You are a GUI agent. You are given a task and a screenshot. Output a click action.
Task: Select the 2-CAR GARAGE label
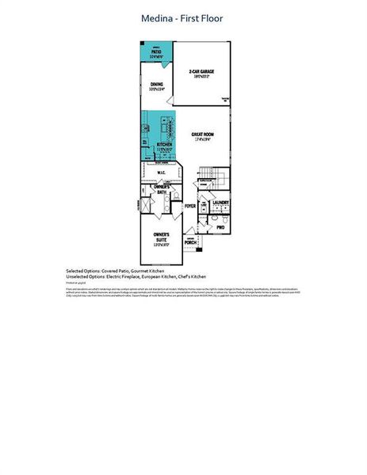point(201,72)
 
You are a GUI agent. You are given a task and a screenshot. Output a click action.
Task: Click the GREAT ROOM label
point(203,135)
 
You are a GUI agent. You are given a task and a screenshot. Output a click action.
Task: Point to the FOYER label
point(190,206)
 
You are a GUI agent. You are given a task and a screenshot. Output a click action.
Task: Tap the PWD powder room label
point(220,226)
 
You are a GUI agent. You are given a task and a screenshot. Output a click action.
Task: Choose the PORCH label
point(191,242)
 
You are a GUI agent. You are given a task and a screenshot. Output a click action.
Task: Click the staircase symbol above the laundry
point(207,173)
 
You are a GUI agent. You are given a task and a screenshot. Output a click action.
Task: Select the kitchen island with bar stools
point(166,128)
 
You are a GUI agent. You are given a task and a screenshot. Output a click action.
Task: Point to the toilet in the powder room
point(205,230)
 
